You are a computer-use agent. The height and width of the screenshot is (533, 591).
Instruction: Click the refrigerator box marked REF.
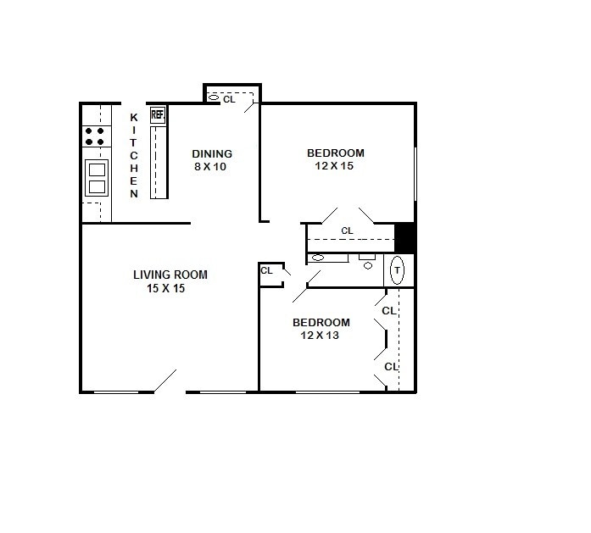click(158, 114)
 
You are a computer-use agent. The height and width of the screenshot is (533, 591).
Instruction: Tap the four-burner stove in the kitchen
click(96, 136)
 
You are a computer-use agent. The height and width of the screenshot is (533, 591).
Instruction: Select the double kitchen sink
click(97, 177)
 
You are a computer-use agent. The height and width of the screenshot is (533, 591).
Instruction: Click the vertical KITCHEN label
click(133, 155)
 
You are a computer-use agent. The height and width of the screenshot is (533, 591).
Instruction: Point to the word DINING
click(211, 153)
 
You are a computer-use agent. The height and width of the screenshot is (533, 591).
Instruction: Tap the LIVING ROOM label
click(170, 275)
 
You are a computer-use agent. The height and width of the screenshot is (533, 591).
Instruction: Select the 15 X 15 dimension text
click(165, 288)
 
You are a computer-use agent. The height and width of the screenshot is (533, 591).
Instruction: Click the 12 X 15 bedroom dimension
click(334, 166)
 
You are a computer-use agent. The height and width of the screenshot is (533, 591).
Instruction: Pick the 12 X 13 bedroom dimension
click(321, 336)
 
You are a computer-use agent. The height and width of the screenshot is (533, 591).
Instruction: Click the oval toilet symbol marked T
click(399, 270)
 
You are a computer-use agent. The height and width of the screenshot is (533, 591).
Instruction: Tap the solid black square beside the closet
click(405, 237)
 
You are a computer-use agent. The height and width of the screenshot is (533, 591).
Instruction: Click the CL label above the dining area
click(229, 99)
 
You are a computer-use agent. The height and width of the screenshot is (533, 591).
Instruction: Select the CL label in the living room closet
click(266, 270)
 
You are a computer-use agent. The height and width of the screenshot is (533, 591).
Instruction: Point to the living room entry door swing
click(165, 381)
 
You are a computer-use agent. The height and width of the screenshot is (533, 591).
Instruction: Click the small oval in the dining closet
click(214, 98)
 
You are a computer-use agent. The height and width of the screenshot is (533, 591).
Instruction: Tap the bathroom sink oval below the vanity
click(368, 265)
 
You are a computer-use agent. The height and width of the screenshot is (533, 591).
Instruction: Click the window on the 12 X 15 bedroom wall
click(415, 174)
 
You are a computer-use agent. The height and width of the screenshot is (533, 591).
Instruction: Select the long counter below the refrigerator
click(159, 161)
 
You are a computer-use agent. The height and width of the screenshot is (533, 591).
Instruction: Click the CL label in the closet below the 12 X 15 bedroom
click(347, 230)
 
